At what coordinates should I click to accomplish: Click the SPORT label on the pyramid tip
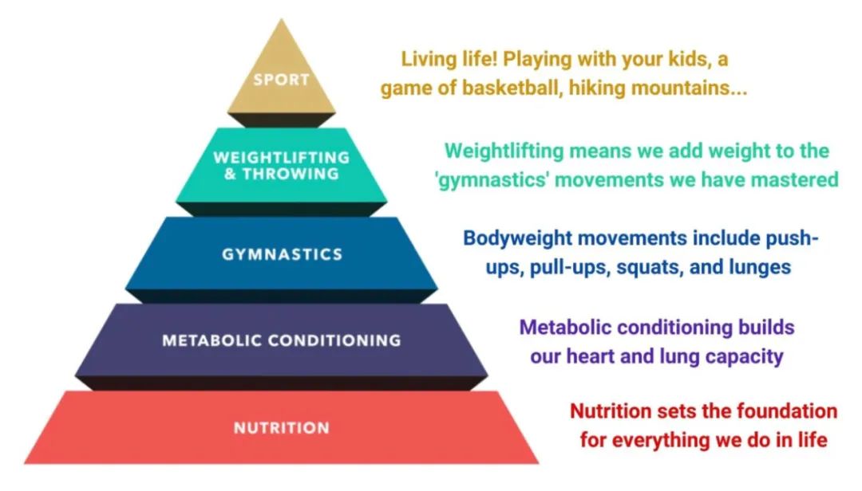tap(281, 80)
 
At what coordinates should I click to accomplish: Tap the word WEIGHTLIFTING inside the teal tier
tap(282, 158)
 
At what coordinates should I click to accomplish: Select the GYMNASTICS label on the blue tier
tap(282, 254)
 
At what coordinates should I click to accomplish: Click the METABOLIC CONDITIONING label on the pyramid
tap(282, 340)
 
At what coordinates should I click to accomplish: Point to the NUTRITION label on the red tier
tap(282, 428)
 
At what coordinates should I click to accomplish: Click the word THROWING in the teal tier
tap(291, 174)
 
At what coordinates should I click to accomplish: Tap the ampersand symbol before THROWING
tap(230, 174)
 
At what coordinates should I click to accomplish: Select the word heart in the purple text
tap(591, 355)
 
